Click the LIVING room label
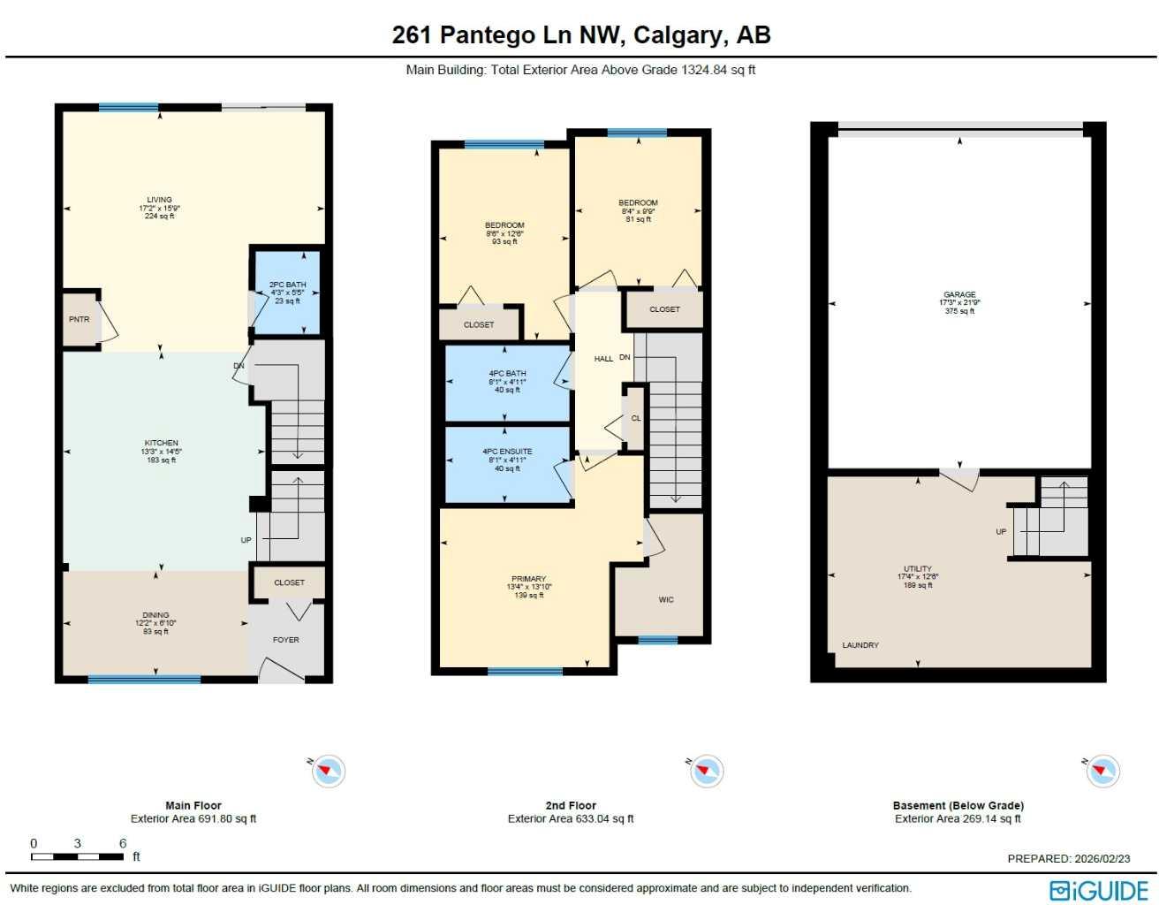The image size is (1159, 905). pos(159,200)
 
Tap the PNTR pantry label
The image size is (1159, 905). pos(79,319)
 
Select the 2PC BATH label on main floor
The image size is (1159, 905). pos(287,285)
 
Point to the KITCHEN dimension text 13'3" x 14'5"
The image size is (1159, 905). pos(161,452)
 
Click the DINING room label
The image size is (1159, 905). pos(155,615)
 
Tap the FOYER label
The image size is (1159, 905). pos(285,640)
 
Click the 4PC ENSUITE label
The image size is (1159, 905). pos(507,452)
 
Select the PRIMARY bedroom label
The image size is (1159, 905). pos(528,579)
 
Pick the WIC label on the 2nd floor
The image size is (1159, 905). pos(666,600)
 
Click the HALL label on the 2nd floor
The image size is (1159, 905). pos(603,359)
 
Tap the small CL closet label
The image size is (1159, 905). pos(636,419)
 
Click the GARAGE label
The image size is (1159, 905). pos(959,294)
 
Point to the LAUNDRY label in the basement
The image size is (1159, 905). pos(860,645)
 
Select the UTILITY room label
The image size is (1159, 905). pos(918,569)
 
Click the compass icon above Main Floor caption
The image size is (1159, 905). pos(328,771)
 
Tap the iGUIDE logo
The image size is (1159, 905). pos(1099,890)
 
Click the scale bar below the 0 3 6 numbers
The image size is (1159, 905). pos(77,856)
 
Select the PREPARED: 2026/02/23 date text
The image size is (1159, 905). pos(1068,858)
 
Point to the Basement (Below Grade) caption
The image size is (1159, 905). pos(958,805)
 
